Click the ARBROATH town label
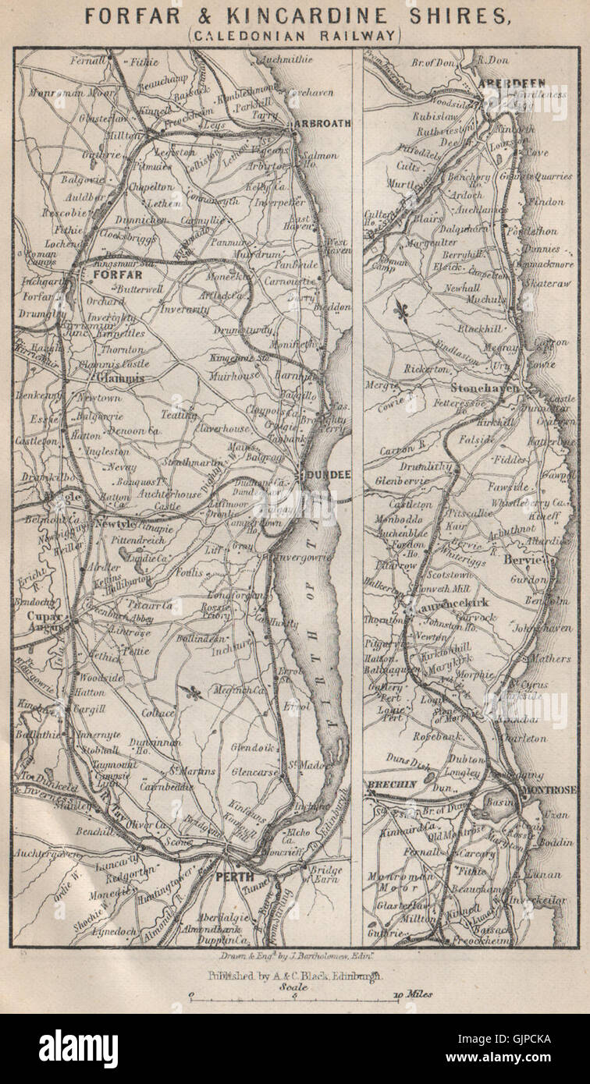pyautogui.click(x=321, y=123)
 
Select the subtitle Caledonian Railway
pyautogui.click(x=294, y=35)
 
